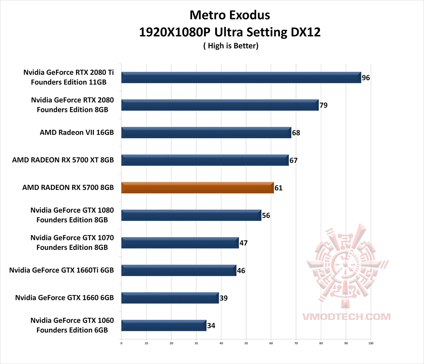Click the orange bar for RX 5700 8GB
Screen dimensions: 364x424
[197, 188]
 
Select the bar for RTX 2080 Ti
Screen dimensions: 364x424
[241, 78]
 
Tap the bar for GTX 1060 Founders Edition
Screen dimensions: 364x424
[164, 326]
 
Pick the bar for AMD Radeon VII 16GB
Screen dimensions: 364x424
[206, 133]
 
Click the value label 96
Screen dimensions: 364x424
[366, 78]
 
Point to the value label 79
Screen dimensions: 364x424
[323, 105]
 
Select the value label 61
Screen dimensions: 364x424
[278, 188]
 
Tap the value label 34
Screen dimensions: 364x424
[211, 326]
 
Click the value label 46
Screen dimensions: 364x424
[241, 271]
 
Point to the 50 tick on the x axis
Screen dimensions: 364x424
[246, 343]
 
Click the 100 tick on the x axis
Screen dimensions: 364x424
[371, 343]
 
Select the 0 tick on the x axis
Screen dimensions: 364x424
[122, 343]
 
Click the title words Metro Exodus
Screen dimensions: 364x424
[230, 15]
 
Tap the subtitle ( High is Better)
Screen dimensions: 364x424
[230, 46]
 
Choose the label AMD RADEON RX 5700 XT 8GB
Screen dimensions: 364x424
[63, 160]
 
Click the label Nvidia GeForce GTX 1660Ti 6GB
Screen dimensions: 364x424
[61, 270]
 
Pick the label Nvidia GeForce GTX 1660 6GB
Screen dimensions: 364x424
[64, 298]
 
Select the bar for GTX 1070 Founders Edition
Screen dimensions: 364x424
[180, 243]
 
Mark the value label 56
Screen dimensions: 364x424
[266, 215]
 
